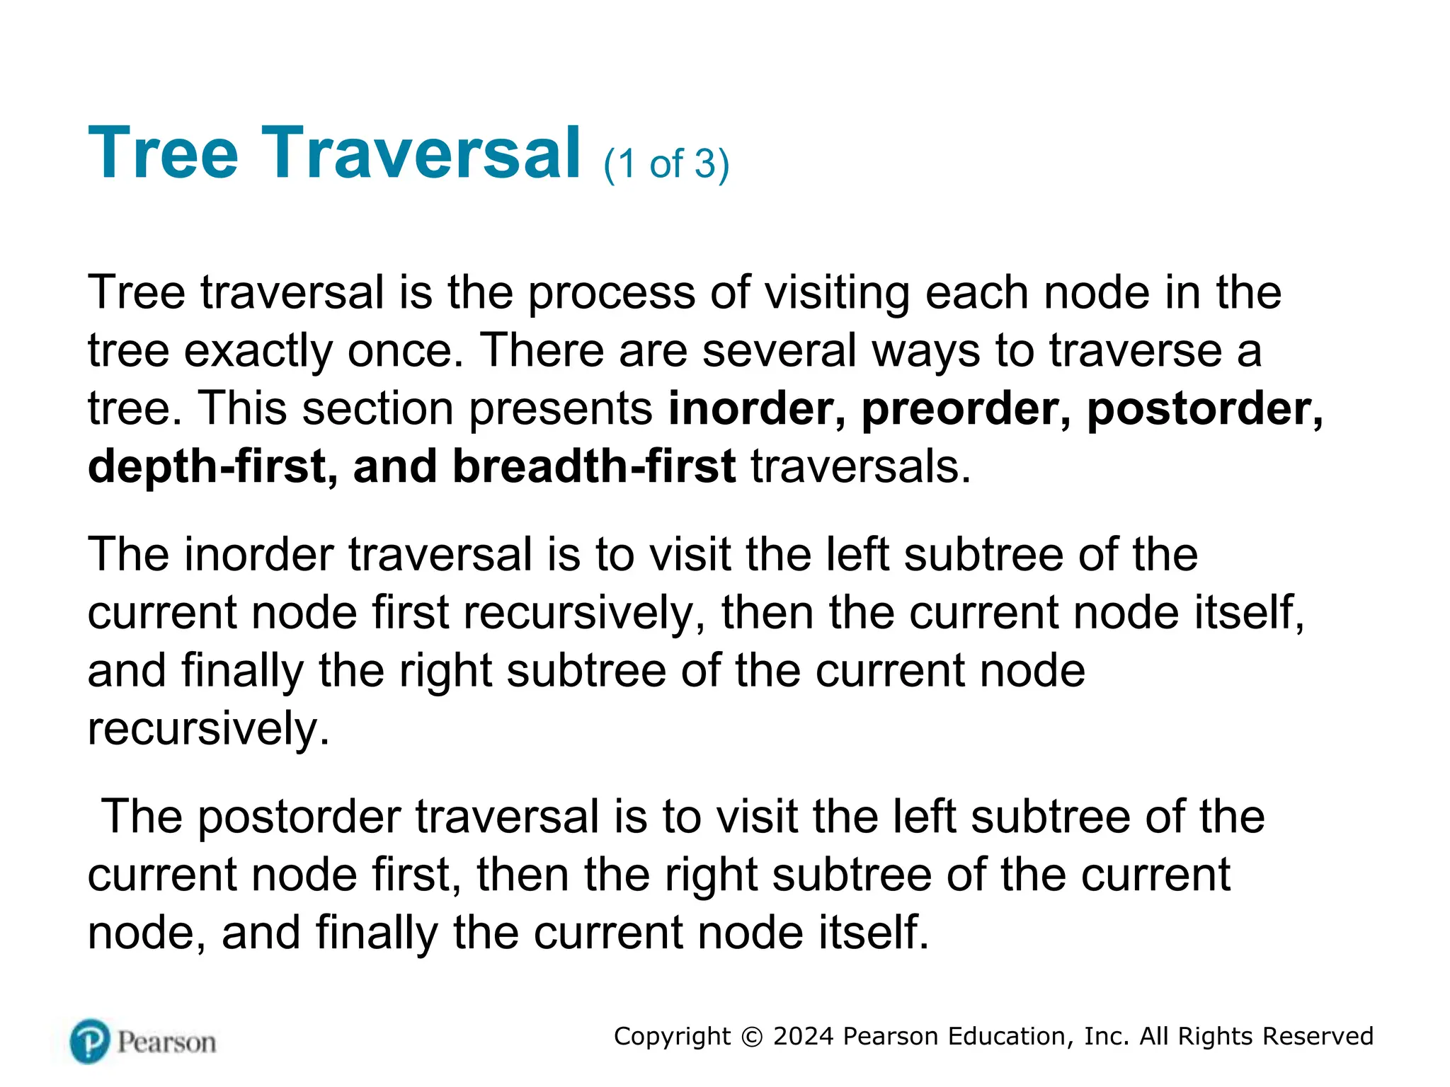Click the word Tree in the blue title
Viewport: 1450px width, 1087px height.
[x=164, y=153]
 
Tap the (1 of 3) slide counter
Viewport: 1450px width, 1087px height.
[x=666, y=164]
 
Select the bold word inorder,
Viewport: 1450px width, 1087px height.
[x=757, y=409]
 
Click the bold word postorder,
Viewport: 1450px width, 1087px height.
[x=1204, y=409]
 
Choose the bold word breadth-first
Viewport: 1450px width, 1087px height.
[x=594, y=467]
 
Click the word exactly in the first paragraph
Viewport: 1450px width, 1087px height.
[x=258, y=351]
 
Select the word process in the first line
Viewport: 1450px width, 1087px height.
[x=612, y=293]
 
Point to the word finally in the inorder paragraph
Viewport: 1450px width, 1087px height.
[x=243, y=671]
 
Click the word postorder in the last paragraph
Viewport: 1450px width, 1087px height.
[x=298, y=817]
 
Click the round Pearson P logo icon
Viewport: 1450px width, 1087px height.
[x=90, y=1041]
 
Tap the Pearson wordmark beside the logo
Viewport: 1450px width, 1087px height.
[x=166, y=1042]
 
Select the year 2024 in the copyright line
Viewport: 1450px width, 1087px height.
[x=804, y=1036]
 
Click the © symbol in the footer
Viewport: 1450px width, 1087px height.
[x=751, y=1037]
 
